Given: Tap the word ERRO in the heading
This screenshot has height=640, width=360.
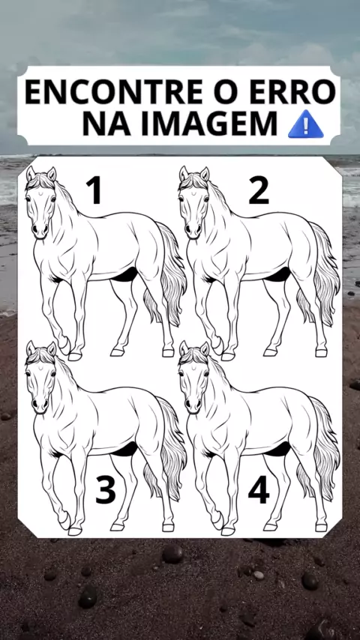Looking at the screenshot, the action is point(292,92).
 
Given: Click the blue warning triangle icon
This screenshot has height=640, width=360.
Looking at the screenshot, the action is point(306,124).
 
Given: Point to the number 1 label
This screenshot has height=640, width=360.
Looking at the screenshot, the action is point(94,190).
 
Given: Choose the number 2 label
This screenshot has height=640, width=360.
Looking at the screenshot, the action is point(259,190).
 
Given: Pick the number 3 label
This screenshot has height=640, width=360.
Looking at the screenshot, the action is point(106,489).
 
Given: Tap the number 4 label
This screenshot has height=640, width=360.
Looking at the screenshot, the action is point(259,489).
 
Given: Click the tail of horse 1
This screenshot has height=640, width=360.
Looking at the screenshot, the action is point(168,274).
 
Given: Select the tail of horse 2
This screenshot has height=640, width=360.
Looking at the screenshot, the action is point(322,274).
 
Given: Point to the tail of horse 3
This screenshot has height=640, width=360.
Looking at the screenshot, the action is point(168,448).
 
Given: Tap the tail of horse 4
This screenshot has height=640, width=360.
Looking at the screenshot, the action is point(322,448).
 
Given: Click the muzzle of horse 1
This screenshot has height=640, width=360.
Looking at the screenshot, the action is point(40,230).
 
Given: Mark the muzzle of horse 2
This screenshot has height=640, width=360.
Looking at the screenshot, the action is point(193,230).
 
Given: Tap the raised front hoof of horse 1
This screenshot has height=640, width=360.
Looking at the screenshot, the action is point(65,347).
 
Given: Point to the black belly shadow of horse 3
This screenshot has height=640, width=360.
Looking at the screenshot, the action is point(125,450).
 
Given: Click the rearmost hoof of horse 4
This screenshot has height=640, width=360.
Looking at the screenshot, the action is point(321,528).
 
